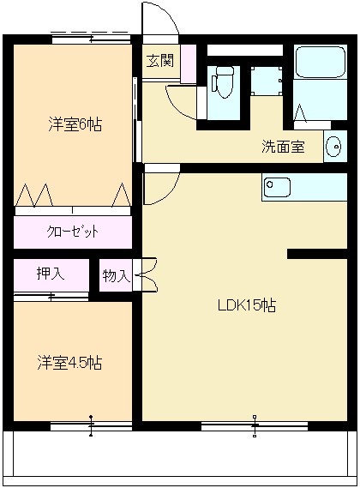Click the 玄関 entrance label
160,61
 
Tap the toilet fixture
223,82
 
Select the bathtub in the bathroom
321,63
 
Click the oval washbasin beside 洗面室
334,146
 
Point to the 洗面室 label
283,147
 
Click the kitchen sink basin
277,187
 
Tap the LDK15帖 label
247,305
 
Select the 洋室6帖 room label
75,124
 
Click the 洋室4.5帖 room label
69,363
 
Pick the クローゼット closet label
73,232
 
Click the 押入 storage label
51,273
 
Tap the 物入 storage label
116,275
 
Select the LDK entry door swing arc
170,193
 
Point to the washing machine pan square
267,81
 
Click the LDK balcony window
255,425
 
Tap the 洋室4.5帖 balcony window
91,425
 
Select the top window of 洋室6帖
91,39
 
